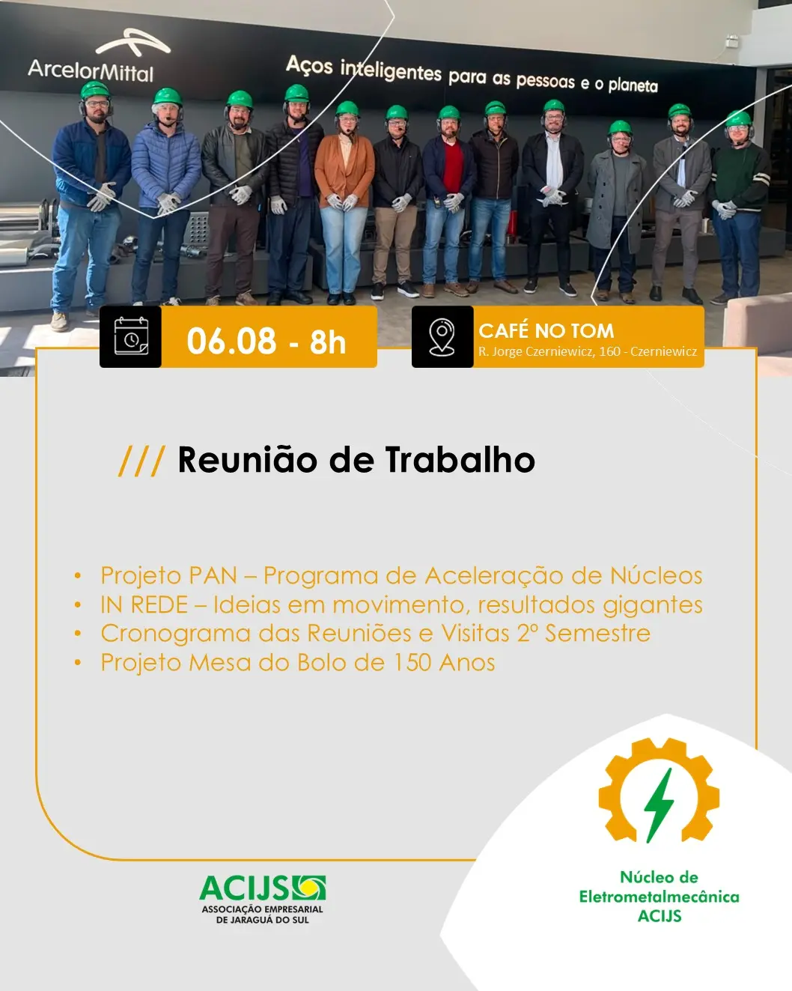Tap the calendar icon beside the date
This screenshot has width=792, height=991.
pyautogui.click(x=131, y=336)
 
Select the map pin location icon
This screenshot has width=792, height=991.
pyautogui.click(x=442, y=337)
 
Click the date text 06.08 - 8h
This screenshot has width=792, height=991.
pyautogui.click(x=266, y=342)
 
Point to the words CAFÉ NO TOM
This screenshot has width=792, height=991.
pyautogui.click(x=546, y=330)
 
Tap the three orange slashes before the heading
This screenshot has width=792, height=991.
pyautogui.click(x=141, y=461)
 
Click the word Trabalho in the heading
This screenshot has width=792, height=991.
pyautogui.click(x=460, y=460)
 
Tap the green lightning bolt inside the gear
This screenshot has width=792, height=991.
pyautogui.click(x=659, y=805)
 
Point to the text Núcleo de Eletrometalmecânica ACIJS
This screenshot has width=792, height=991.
pyautogui.click(x=659, y=897)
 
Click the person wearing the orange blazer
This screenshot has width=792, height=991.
pyautogui.click(x=344, y=203)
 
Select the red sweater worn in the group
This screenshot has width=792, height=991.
pyautogui.click(x=453, y=167)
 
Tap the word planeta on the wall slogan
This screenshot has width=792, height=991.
pyautogui.click(x=633, y=85)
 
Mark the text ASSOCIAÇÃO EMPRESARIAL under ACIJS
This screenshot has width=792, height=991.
pyautogui.click(x=262, y=909)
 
